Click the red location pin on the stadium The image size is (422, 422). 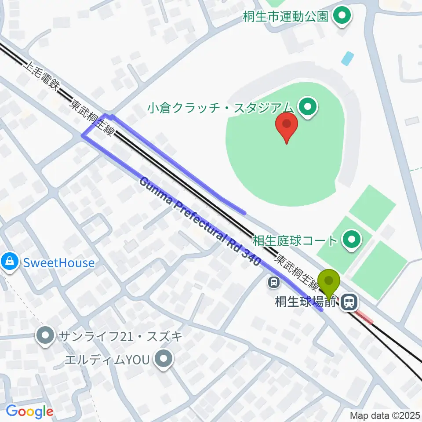click(x=286, y=125)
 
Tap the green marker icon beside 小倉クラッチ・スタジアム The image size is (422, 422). click(x=307, y=106)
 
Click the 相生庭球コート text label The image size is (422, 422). click(x=295, y=240)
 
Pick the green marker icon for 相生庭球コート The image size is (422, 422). click(x=351, y=240)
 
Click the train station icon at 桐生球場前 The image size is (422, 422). click(x=349, y=302)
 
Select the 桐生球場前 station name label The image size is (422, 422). click(x=306, y=302)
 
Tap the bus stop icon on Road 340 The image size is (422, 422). click(x=274, y=281)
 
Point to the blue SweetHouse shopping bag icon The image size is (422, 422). click(x=9, y=262)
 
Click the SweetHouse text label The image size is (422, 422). click(x=59, y=263)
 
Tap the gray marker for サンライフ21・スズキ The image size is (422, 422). click(x=45, y=337)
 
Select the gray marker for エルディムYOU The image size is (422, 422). click(x=164, y=360)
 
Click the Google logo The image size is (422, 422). click(x=29, y=411)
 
